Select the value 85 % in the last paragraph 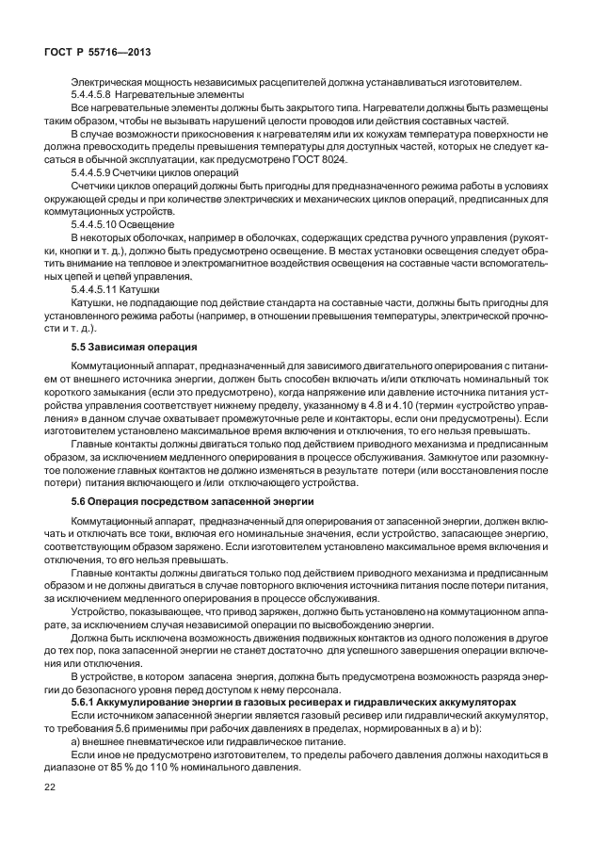click(133, 767)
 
